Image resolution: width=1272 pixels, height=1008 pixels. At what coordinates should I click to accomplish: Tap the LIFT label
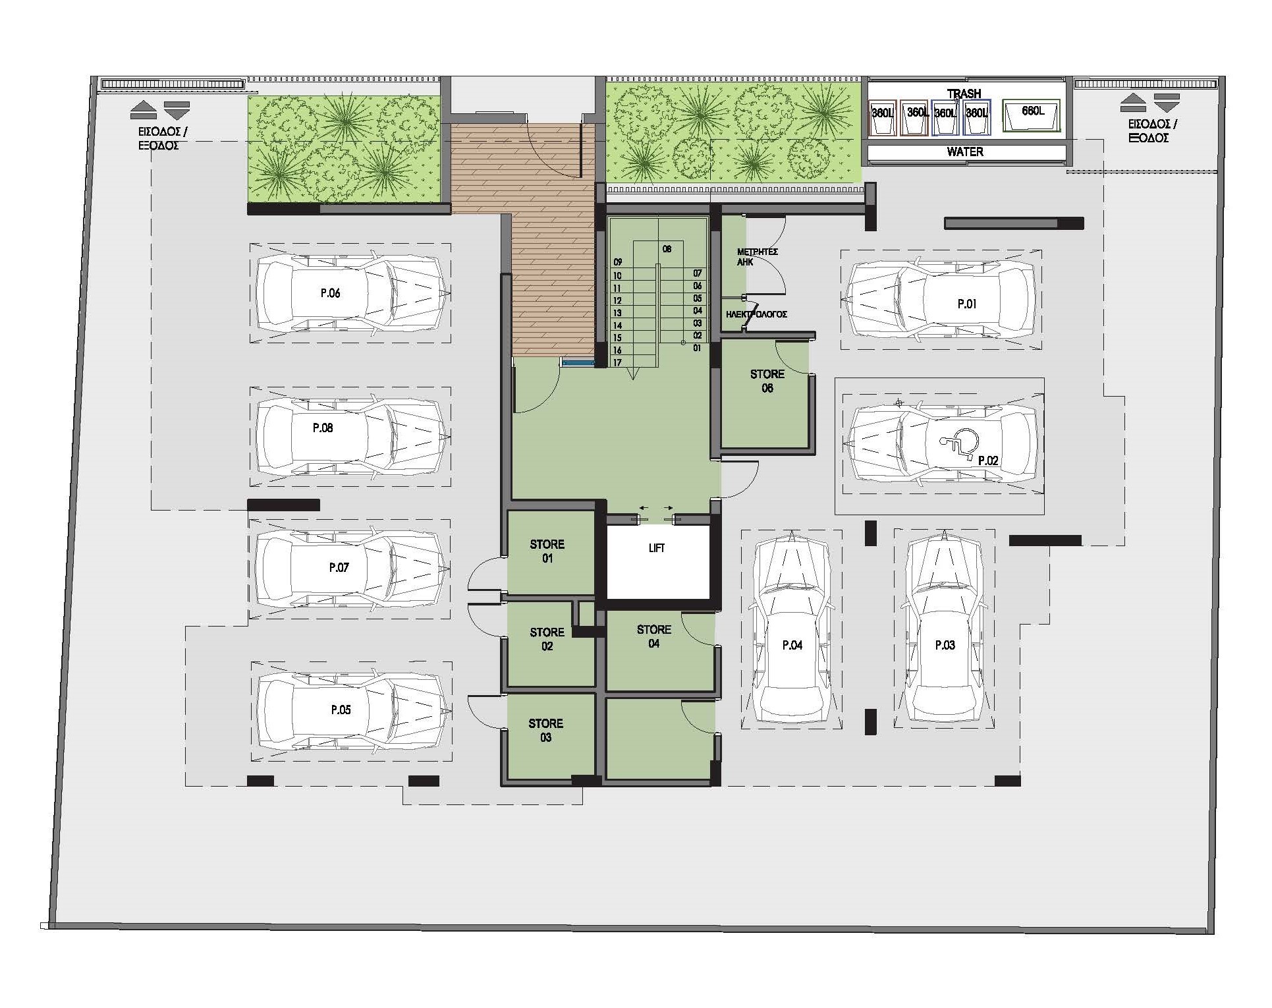[x=656, y=548]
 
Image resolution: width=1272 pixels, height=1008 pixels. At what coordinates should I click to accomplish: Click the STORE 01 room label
[x=547, y=551]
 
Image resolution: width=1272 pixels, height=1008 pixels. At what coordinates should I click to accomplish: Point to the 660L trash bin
[x=1032, y=117]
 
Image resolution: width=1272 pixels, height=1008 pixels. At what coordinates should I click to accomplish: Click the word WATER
[x=964, y=152]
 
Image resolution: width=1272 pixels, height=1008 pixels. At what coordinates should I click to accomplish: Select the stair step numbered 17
[x=617, y=363]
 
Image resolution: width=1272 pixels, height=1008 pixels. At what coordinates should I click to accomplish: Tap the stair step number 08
[x=667, y=250]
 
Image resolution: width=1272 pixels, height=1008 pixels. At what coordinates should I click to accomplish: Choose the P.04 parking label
[x=792, y=646]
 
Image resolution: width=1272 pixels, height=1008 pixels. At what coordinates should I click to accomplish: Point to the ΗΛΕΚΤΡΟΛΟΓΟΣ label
[x=756, y=315]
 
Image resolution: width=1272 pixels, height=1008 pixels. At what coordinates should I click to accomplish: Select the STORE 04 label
[x=653, y=636]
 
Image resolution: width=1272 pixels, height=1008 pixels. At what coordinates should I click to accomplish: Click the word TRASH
[x=964, y=94]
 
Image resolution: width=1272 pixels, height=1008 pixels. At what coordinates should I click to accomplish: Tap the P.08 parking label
[x=323, y=428]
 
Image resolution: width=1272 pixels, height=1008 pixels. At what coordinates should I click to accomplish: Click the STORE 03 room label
[x=545, y=731]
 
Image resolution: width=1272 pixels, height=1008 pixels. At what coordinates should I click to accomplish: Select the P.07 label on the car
[x=339, y=568]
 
